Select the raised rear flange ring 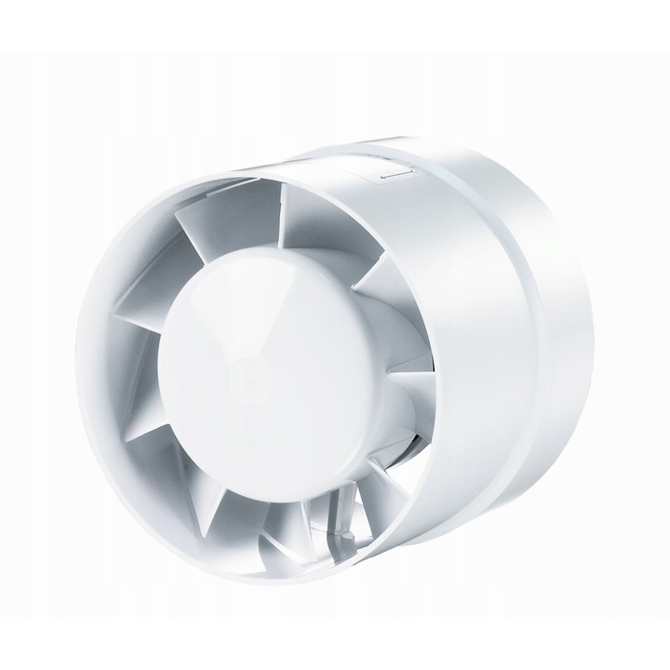click(558, 354)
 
